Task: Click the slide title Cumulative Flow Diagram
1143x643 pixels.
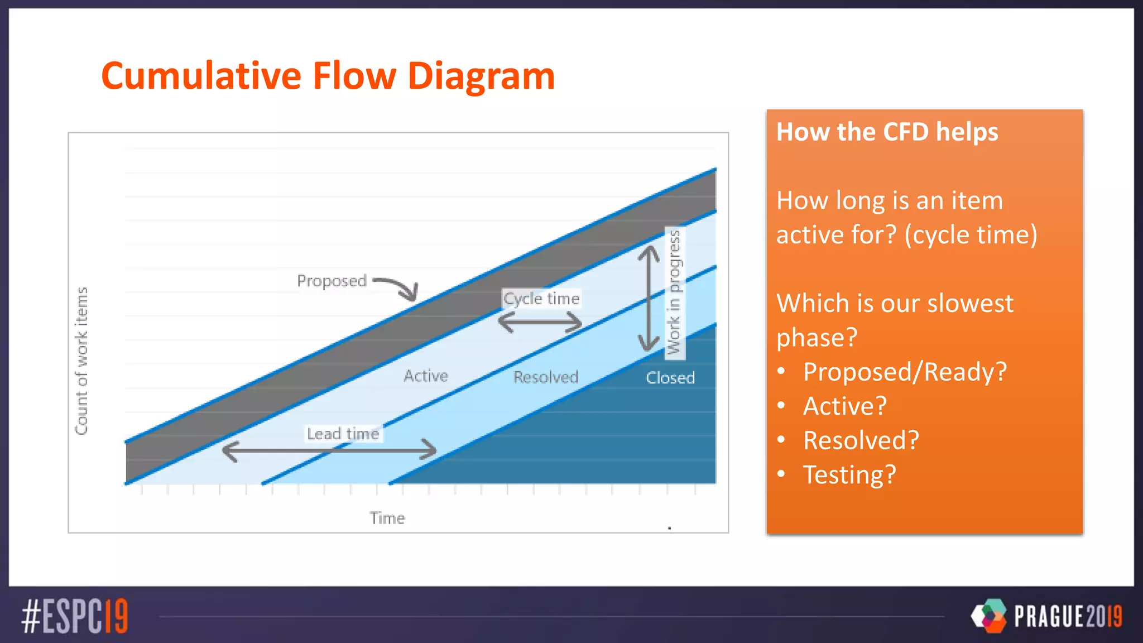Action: [x=328, y=76]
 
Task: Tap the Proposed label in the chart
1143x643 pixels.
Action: [x=332, y=281]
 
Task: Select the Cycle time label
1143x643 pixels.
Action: [x=541, y=299]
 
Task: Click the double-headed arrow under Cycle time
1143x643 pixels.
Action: [x=540, y=322]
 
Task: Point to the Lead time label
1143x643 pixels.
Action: [x=343, y=434]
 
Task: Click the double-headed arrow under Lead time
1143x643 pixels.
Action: [x=329, y=450]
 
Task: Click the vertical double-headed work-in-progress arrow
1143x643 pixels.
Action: [x=649, y=299]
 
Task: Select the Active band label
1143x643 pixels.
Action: [x=426, y=376]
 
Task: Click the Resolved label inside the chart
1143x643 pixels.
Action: [x=546, y=377]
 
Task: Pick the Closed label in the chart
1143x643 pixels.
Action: [x=670, y=378]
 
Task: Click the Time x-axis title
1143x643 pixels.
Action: [x=387, y=518]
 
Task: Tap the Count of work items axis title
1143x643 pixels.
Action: [x=81, y=361]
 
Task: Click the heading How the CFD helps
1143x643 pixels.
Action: [x=887, y=132]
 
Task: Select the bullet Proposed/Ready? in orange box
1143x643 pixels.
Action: [x=905, y=372]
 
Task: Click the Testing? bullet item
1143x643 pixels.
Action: [x=849, y=475]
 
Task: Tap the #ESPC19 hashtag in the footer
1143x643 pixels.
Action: [x=75, y=616]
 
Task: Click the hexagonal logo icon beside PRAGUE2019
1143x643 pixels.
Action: [x=990, y=616]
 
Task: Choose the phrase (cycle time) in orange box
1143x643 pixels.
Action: [x=971, y=235]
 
